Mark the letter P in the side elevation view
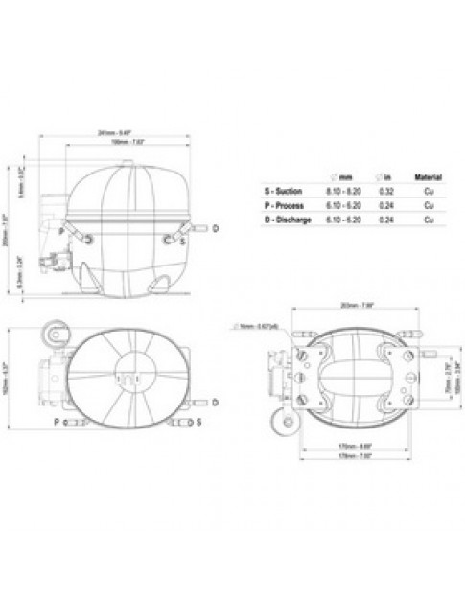point(60,231)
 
